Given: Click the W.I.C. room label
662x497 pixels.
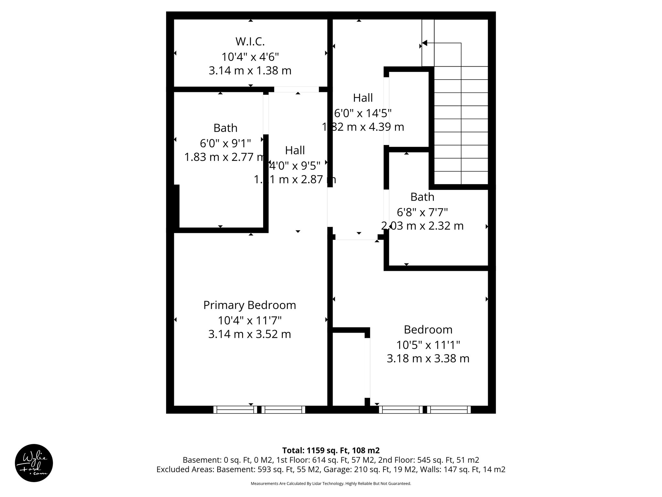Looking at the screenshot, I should [x=250, y=42].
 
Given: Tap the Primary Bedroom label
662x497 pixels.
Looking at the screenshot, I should [x=250, y=305].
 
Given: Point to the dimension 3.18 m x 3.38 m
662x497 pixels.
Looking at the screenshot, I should [x=428, y=359].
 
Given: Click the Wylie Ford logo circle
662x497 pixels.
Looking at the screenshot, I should [x=34, y=463].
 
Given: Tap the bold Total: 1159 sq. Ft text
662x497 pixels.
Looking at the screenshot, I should [x=331, y=450].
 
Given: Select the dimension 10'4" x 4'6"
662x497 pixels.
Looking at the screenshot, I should [x=250, y=57].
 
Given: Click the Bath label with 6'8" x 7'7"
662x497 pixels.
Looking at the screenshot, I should [x=422, y=197].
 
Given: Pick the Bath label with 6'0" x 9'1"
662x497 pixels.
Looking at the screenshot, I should [x=225, y=128].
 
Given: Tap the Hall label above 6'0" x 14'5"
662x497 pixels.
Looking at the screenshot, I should [x=363, y=98].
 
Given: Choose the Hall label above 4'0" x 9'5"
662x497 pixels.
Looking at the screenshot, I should [x=295, y=150].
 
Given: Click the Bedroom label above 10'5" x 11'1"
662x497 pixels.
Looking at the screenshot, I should [x=428, y=330].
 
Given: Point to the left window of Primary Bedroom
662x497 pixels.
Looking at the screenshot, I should [x=235, y=410].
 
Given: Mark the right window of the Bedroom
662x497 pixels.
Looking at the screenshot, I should [x=450, y=410].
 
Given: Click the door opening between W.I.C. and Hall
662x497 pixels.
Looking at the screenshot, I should [x=296, y=89].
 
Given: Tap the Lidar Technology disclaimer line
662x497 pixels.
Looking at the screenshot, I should [x=331, y=483].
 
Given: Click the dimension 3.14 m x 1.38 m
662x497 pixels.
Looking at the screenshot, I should [x=250, y=71].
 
